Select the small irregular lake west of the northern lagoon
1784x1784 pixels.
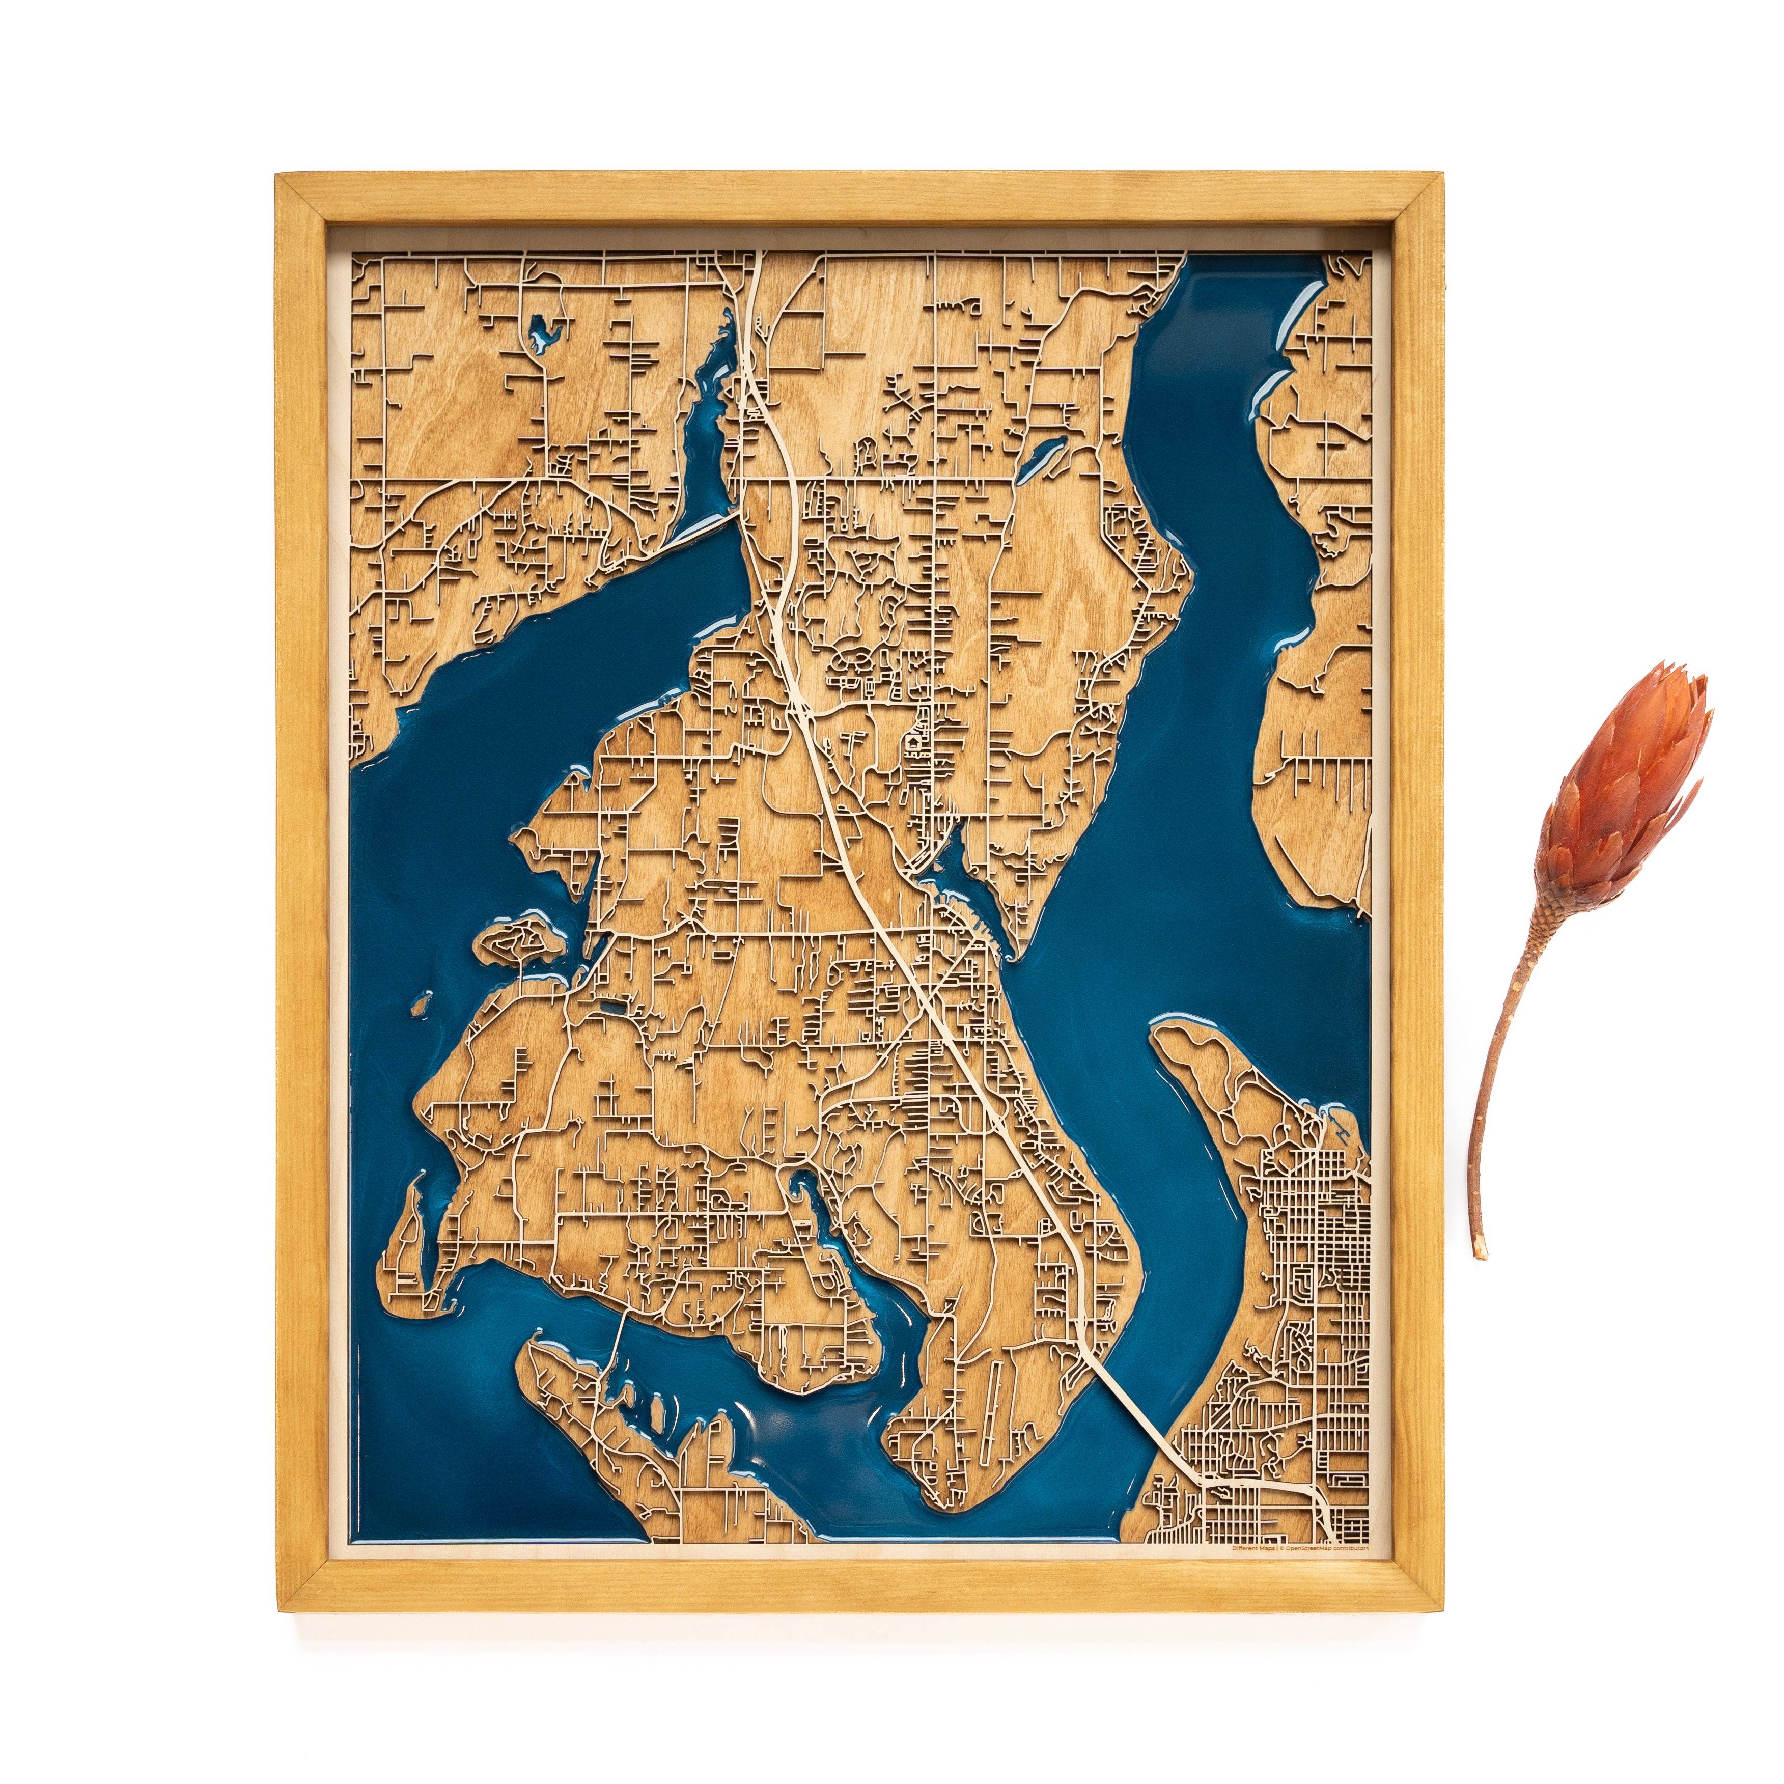point(545,332)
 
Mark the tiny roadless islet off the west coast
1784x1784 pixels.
point(424,999)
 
